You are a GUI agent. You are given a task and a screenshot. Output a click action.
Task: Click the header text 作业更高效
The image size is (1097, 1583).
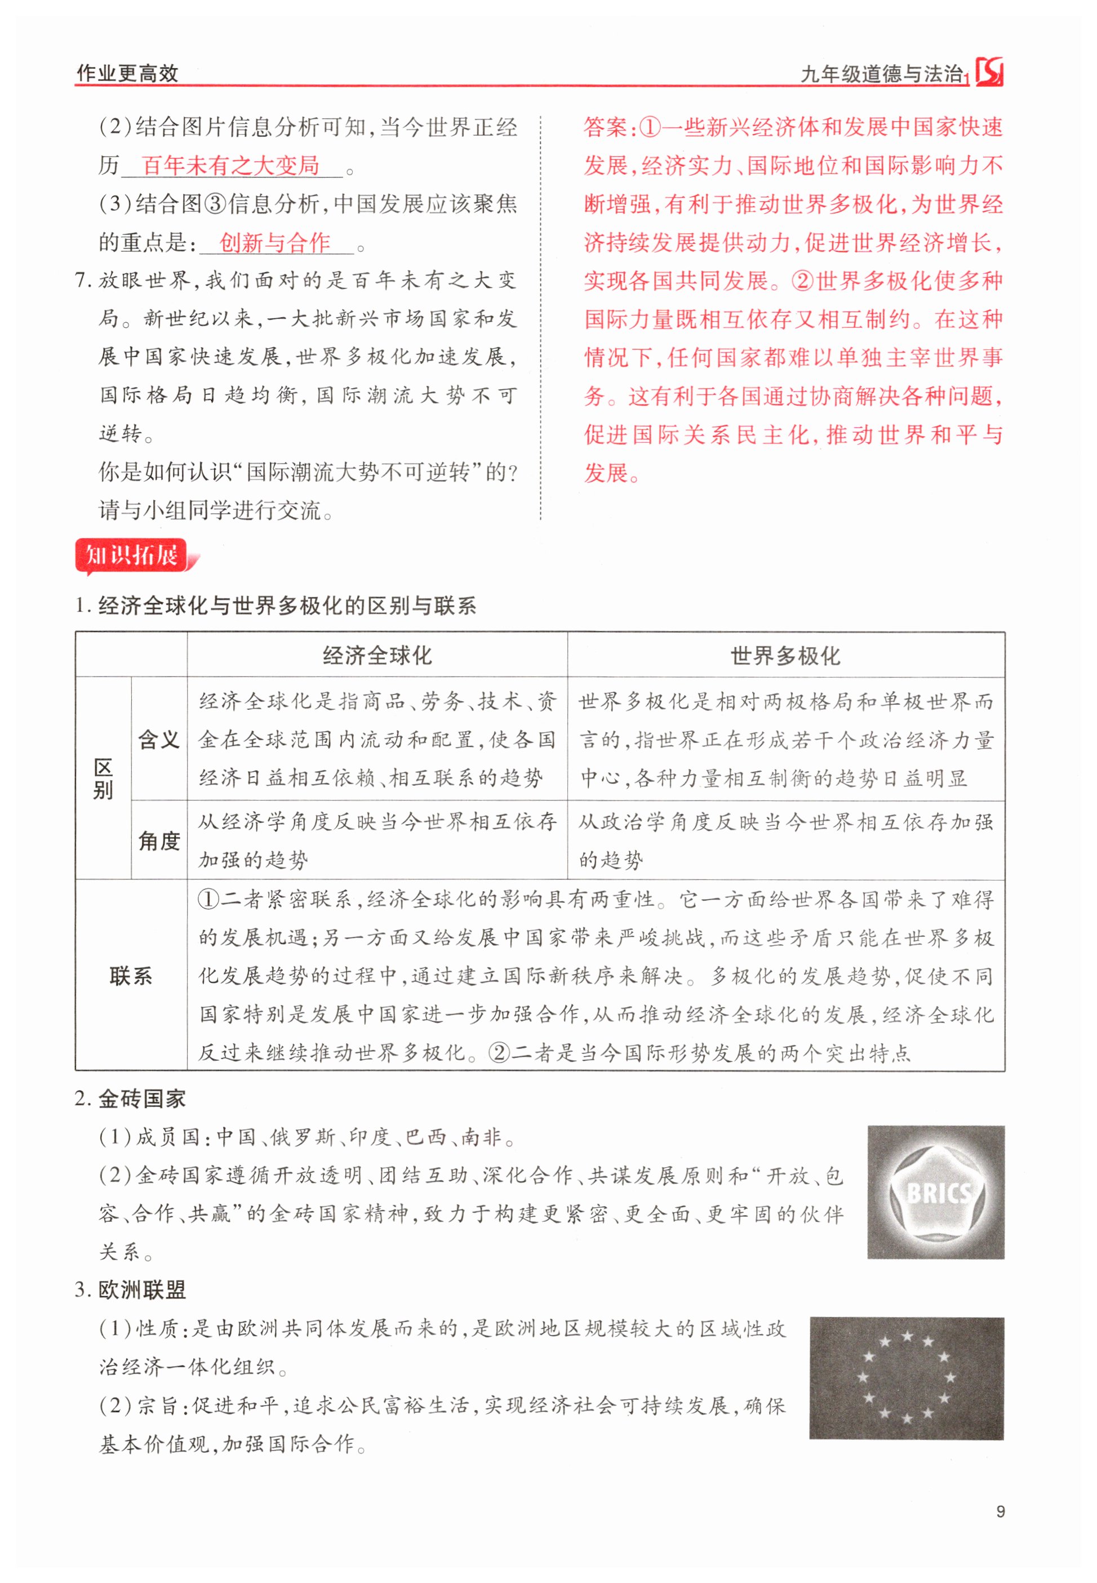pos(127,73)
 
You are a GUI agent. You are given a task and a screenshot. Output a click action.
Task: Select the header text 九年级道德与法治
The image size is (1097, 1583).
pos(882,73)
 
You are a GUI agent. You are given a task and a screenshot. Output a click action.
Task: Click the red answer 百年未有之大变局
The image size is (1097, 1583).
pos(231,166)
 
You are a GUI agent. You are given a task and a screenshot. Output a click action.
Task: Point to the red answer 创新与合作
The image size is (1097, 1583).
pos(274,243)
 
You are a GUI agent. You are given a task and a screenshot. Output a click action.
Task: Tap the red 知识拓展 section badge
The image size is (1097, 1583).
pos(132,555)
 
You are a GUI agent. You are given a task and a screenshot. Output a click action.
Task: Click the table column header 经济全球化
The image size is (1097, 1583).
pos(377,656)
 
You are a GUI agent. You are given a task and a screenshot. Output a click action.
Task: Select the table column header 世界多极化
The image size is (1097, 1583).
pos(785,656)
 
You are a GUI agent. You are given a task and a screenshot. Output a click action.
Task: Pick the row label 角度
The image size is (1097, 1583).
pos(159,841)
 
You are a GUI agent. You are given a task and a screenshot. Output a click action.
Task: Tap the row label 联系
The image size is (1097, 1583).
pos(131,976)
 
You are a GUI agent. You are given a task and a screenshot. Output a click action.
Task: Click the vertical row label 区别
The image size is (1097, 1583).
pos(103,779)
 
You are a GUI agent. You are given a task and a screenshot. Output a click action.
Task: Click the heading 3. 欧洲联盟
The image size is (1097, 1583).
pos(131,1289)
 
